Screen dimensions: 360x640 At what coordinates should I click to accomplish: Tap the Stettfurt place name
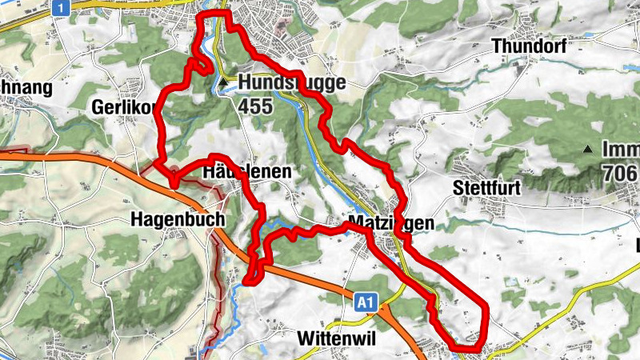486,189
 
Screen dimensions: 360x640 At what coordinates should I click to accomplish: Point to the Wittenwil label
335,338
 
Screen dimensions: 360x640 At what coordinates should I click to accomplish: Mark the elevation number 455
256,102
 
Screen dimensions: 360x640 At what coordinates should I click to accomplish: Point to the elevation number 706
620,172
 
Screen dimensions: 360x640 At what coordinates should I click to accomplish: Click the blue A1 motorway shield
365,302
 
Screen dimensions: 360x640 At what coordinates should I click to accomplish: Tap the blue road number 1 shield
59,7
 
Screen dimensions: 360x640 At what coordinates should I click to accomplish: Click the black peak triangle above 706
588,149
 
